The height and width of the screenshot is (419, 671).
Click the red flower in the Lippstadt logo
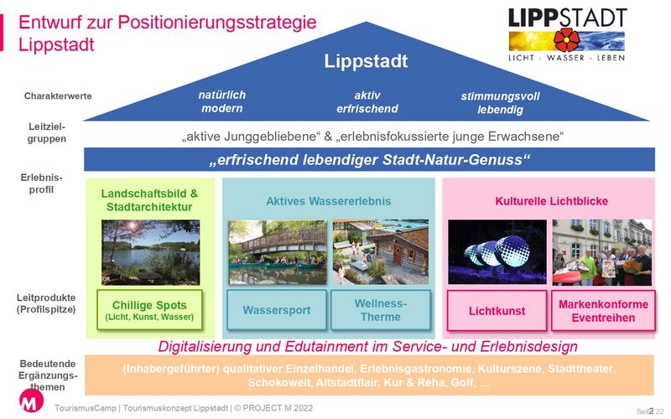click(x=566, y=40)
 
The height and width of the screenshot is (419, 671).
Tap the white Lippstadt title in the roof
click(x=366, y=61)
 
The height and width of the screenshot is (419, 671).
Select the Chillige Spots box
click(x=150, y=310)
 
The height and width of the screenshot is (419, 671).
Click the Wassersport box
click(x=277, y=310)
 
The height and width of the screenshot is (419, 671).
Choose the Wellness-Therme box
click(x=381, y=310)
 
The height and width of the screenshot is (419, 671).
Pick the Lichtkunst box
click(x=497, y=311)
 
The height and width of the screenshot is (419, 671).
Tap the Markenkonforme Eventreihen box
click(x=603, y=311)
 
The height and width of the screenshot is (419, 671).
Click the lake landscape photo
click(x=151, y=252)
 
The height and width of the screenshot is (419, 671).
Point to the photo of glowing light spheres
click(x=497, y=252)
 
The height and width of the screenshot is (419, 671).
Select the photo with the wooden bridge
click(x=278, y=252)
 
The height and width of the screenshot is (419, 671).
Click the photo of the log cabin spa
click(x=381, y=252)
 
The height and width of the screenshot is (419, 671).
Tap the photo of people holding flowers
click(x=602, y=253)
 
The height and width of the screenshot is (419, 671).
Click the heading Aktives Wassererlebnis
click(x=329, y=201)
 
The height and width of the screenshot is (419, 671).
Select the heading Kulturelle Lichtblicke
click(x=551, y=201)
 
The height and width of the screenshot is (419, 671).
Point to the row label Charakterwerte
click(x=58, y=96)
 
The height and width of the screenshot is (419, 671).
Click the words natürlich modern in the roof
click(x=222, y=101)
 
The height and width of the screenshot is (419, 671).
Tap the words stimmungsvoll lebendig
click(x=500, y=103)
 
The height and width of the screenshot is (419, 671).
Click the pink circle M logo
click(x=31, y=401)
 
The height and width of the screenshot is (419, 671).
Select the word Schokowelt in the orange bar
click(x=279, y=382)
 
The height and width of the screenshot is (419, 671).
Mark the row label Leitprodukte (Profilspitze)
click(x=46, y=303)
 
